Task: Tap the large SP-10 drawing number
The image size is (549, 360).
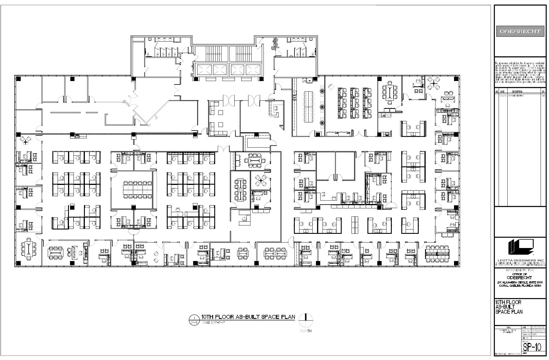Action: pos(532,347)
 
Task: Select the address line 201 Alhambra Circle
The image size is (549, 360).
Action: pos(520,282)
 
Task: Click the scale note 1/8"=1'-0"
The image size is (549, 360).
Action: pos(213,322)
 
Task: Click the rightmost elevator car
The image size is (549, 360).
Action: pos(253,70)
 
